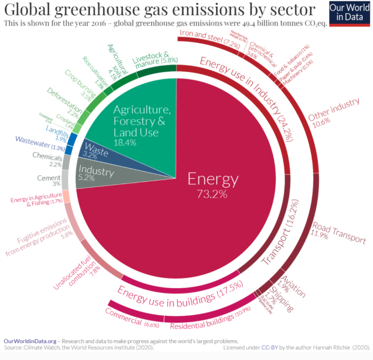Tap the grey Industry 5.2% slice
click(x=96, y=174)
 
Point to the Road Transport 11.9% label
click(x=338, y=233)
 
